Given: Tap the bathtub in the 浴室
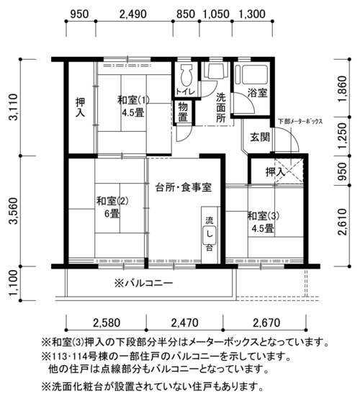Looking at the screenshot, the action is [251, 75].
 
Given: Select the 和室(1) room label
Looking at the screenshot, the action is [133, 100].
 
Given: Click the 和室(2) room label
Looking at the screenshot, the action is [112, 201].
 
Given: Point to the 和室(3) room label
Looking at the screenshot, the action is [264, 216].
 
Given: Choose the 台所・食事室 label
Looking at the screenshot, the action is [184, 188].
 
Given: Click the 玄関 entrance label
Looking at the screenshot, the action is [260, 137].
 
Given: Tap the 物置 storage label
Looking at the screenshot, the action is [183, 112].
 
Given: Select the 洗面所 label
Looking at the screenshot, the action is [221, 107].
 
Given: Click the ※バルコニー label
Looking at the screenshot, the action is [144, 283].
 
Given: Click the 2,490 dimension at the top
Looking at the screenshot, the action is [133, 14].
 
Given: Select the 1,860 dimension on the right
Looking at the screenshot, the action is [343, 89].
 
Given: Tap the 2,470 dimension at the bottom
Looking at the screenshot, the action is [185, 323].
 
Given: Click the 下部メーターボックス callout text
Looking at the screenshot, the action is [300, 121].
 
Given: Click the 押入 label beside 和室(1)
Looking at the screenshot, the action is [81, 107].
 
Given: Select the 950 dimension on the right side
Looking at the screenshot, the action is [343, 171].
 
